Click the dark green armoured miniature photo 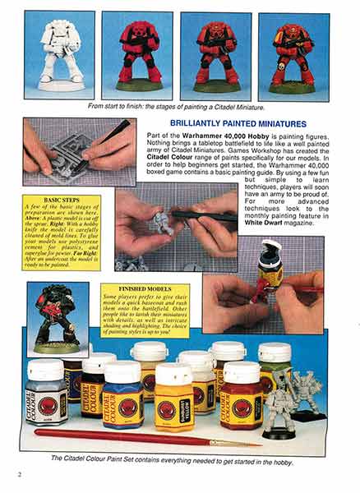click(x=58, y=317)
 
